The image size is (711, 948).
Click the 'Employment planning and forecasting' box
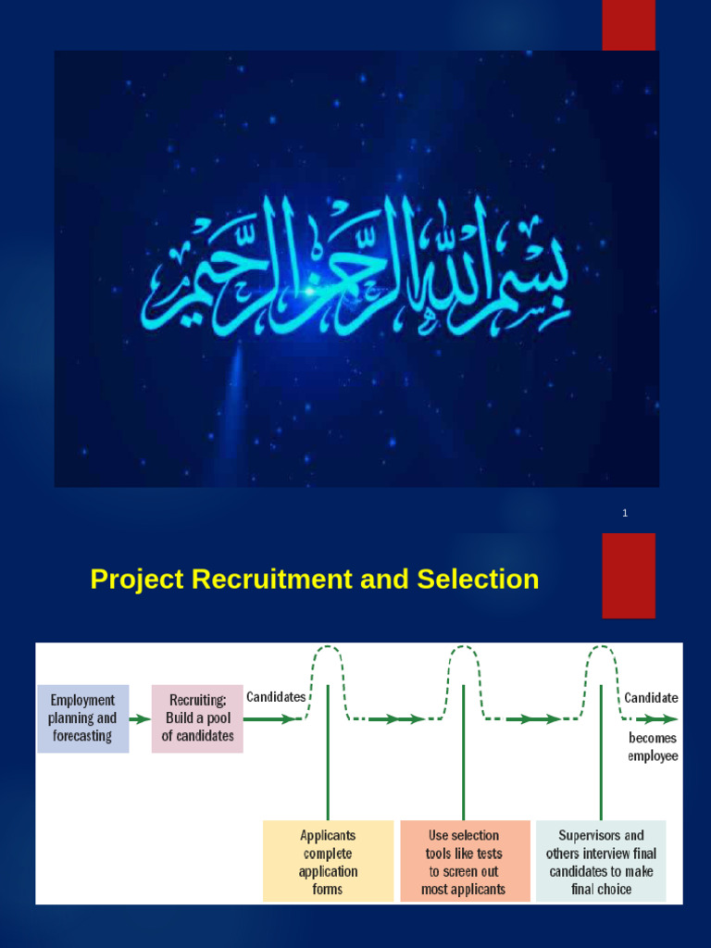82,718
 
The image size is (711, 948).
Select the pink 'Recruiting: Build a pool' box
197,718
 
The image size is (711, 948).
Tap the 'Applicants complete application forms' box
328,861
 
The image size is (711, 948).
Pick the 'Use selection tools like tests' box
465,861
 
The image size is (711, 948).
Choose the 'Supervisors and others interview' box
601,861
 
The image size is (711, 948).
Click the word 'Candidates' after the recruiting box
276,697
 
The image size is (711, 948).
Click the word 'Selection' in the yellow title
478,580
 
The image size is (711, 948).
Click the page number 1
625,513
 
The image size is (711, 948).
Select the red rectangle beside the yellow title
629,575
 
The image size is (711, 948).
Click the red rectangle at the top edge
629,25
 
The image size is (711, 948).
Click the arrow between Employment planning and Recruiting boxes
140,718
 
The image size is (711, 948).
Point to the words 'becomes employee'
653,747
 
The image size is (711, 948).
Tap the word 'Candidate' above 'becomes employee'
651,698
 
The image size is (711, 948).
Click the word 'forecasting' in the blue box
82,737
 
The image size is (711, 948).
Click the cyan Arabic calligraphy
355,269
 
